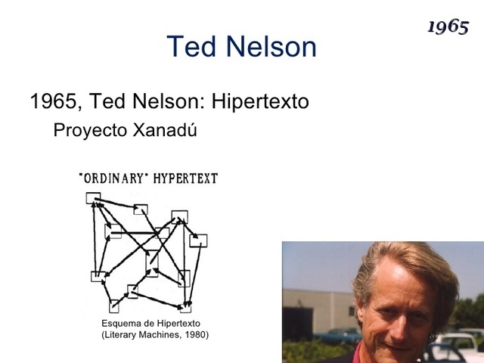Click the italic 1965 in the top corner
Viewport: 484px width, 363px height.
pyautogui.click(x=448, y=26)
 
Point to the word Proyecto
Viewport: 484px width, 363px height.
pyautogui.click(x=89, y=130)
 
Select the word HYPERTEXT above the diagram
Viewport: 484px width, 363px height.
pyautogui.click(x=185, y=178)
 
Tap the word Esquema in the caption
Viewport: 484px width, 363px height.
pyautogui.click(x=121, y=324)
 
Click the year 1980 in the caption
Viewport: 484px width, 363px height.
pyautogui.click(x=194, y=334)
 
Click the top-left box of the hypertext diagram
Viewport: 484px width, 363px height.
pyautogui.click(x=93, y=199)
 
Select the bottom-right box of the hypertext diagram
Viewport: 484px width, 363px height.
pyautogui.click(x=185, y=307)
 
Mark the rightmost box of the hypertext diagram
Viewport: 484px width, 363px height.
pyautogui.click(x=199, y=240)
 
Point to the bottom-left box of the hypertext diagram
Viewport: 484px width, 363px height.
pyautogui.click(x=114, y=306)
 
